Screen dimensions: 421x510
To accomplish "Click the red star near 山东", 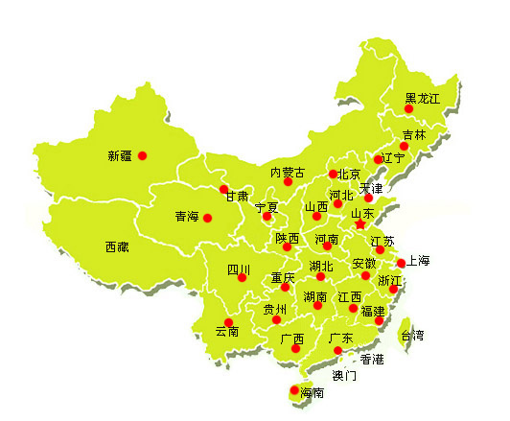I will (359, 223).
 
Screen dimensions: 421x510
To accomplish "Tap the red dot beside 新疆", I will (142, 155).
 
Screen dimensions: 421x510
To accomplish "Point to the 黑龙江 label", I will (422, 98).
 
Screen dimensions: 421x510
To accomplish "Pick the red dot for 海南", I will (293, 389).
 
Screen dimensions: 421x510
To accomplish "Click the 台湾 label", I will (412, 336).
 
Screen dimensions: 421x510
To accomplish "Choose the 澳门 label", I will (343, 375).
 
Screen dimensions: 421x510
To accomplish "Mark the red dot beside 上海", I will (401, 263).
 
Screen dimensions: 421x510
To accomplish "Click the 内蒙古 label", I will (287, 173).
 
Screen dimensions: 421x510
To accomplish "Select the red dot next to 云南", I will (228, 322).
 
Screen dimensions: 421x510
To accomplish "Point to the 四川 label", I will (238, 269).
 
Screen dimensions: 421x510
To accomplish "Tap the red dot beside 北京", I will (333, 175).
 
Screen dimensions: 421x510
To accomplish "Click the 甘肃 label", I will (237, 197).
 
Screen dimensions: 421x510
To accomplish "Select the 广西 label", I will (292, 339).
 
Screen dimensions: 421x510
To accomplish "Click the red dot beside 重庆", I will (285, 287).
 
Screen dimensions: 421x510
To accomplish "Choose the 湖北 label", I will (321, 266).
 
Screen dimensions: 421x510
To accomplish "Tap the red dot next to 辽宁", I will (378, 159).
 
